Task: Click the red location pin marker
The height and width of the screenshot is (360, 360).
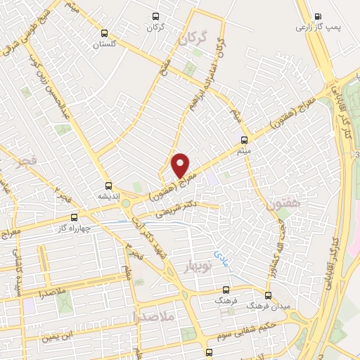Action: tap(181, 165)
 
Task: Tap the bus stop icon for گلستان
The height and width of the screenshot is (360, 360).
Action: tap(105, 33)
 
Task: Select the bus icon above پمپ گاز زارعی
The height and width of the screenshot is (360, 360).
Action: tap(317, 17)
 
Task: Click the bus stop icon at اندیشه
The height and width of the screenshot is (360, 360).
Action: tap(108, 185)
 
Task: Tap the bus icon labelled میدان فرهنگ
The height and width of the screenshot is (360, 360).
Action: tap(268, 295)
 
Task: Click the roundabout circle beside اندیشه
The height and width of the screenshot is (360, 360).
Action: tap(127, 203)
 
